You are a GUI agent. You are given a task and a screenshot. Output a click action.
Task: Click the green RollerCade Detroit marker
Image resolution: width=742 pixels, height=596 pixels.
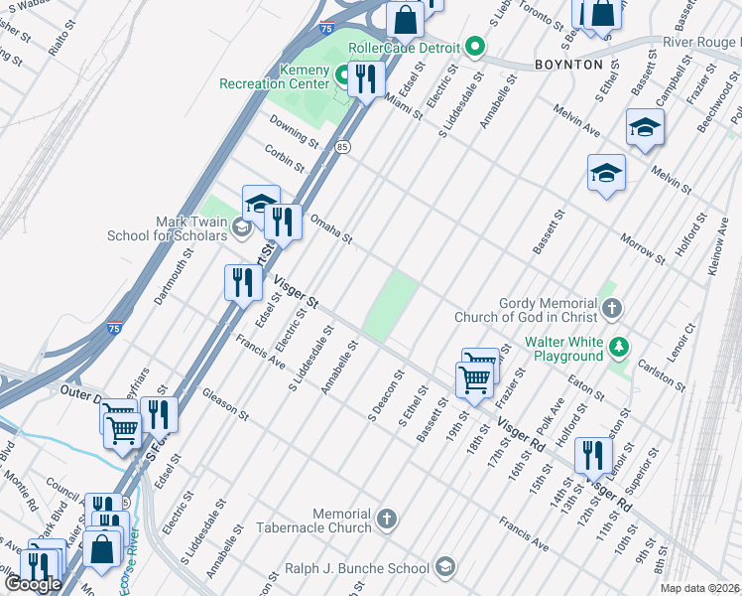[475, 48]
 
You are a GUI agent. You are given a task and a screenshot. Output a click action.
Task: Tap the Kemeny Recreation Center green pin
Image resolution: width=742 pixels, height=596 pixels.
[343, 74]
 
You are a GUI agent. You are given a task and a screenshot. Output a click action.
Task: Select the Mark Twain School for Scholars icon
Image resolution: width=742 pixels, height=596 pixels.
[241, 228]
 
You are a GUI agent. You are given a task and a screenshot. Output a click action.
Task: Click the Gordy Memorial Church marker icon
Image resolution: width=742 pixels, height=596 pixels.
[611, 308]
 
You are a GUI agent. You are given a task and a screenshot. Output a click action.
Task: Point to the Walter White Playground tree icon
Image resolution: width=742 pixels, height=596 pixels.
[619, 347]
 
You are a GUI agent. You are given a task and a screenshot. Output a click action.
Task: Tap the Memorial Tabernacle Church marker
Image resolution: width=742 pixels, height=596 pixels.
[387, 518]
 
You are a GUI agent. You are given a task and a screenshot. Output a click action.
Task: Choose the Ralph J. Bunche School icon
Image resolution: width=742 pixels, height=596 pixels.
[445, 567]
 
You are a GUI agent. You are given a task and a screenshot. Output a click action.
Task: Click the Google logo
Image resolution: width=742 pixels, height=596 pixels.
[32, 584]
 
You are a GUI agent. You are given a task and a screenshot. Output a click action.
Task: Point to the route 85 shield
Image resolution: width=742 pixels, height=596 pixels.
[342, 147]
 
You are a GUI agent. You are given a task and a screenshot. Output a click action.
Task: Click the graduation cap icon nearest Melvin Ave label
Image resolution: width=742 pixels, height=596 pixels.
[645, 126]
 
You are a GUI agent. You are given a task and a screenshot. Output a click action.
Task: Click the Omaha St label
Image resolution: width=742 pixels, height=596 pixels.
[331, 228]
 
